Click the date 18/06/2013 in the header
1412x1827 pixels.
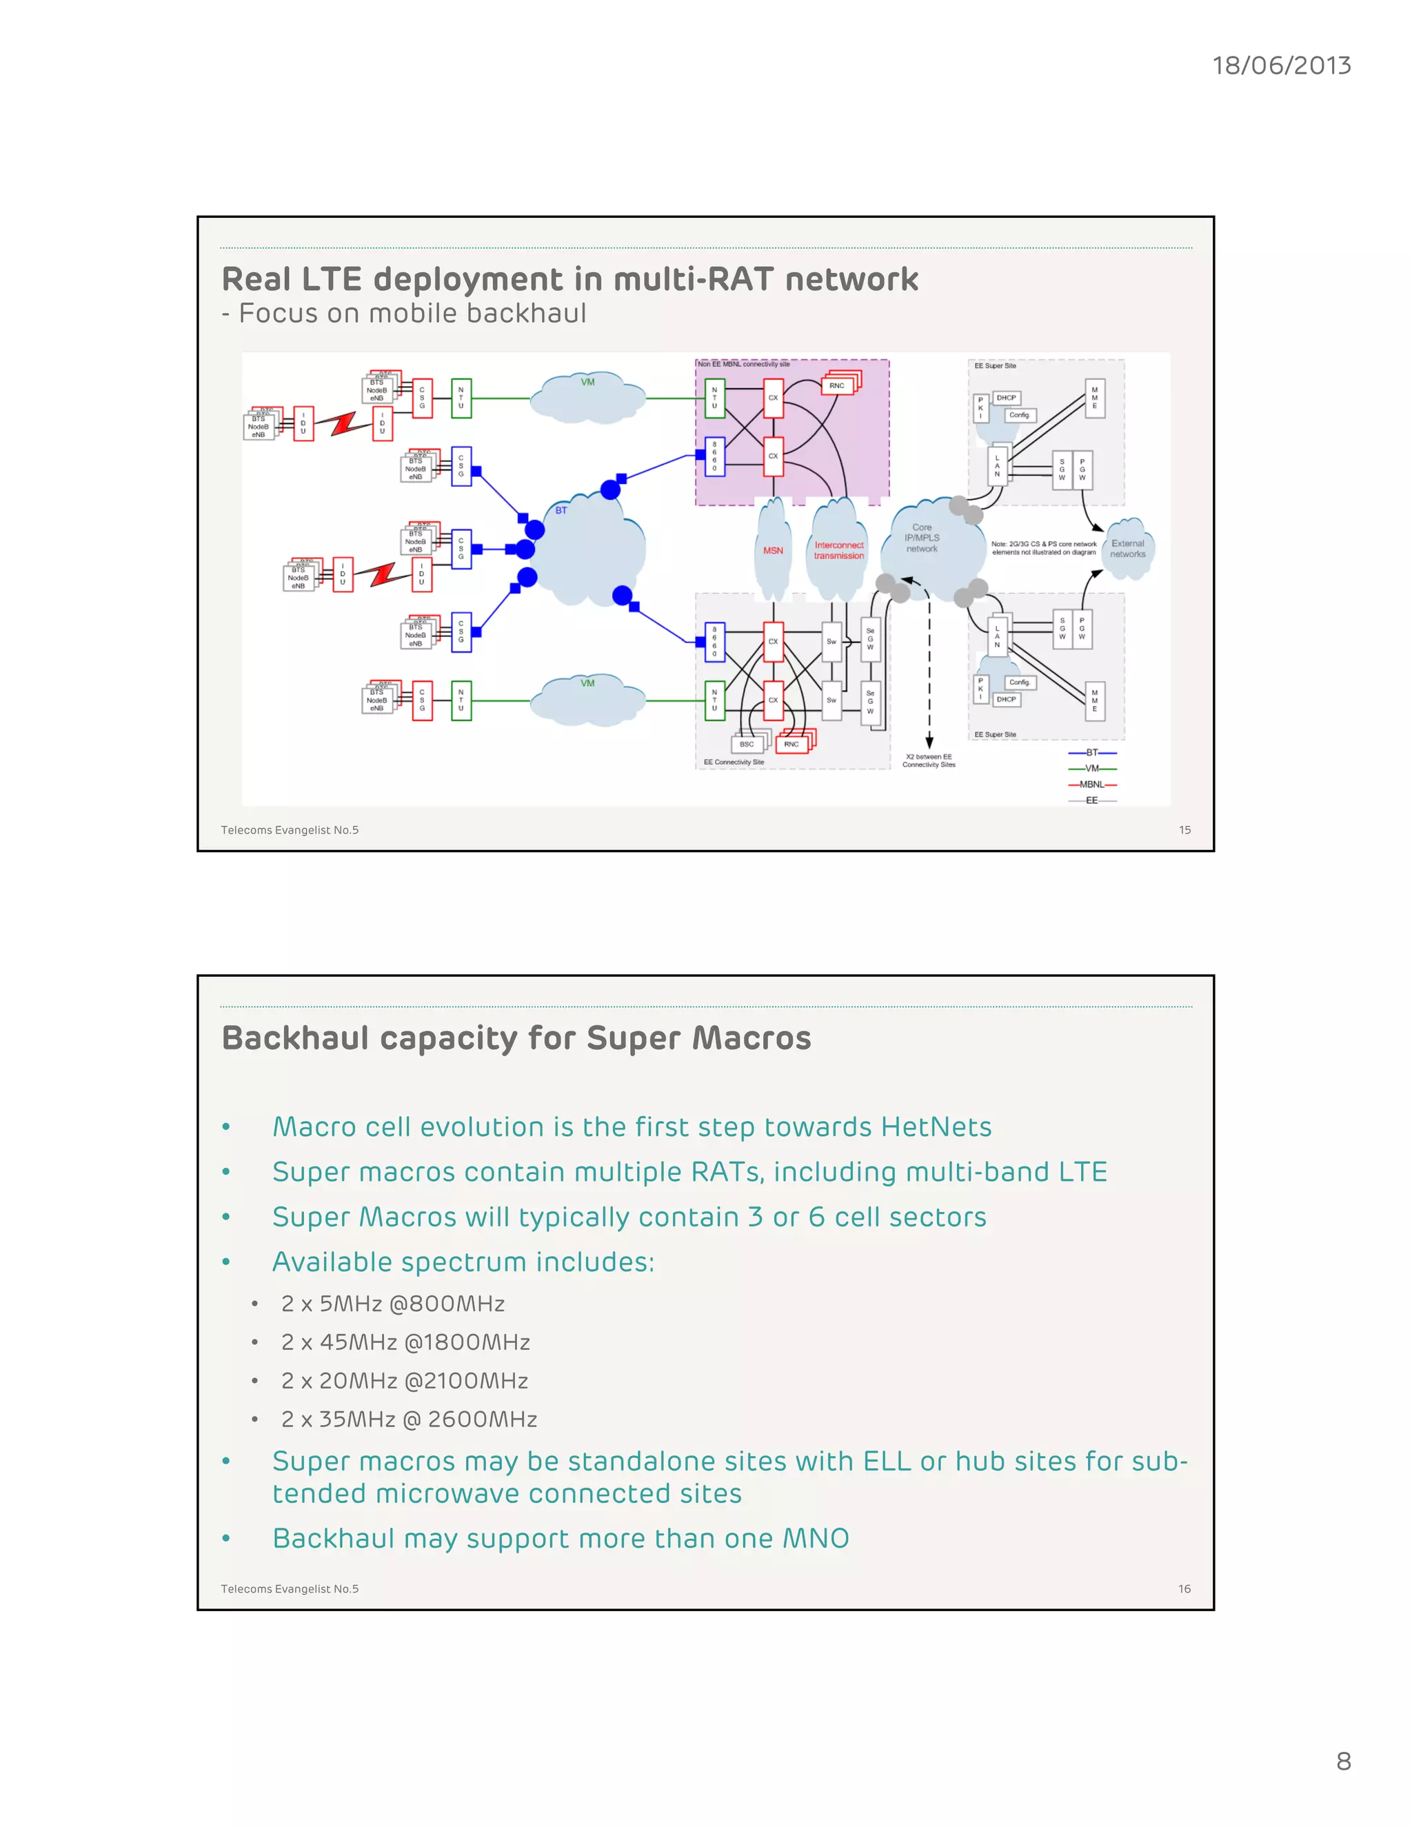[x=1281, y=65]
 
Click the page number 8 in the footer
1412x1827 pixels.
[x=1344, y=1761]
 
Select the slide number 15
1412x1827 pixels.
[x=1184, y=830]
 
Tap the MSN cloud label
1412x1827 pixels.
[x=773, y=550]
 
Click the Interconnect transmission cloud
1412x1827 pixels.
[x=838, y=549]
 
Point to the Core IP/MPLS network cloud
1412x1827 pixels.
[x=922, y=538]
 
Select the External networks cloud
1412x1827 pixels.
[x=1127, y=549]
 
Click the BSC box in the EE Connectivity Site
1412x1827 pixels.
[x=746, y=744]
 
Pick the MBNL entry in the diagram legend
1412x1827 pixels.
[x=1091, y=785]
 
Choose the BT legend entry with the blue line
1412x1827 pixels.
[x=1091, y=753]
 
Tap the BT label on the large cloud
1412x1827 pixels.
[x=561, y=510]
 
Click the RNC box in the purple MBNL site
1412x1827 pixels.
[x=836, y=385]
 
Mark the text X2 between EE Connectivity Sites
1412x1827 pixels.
[x=929, y=760]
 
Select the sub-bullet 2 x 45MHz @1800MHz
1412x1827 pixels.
[x=405, y=1342]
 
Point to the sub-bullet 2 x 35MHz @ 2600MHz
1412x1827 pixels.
[x=408, y=1419]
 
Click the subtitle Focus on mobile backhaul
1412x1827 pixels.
[x=412, y=313]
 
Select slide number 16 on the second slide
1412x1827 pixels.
[x=1184, y=1588]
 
